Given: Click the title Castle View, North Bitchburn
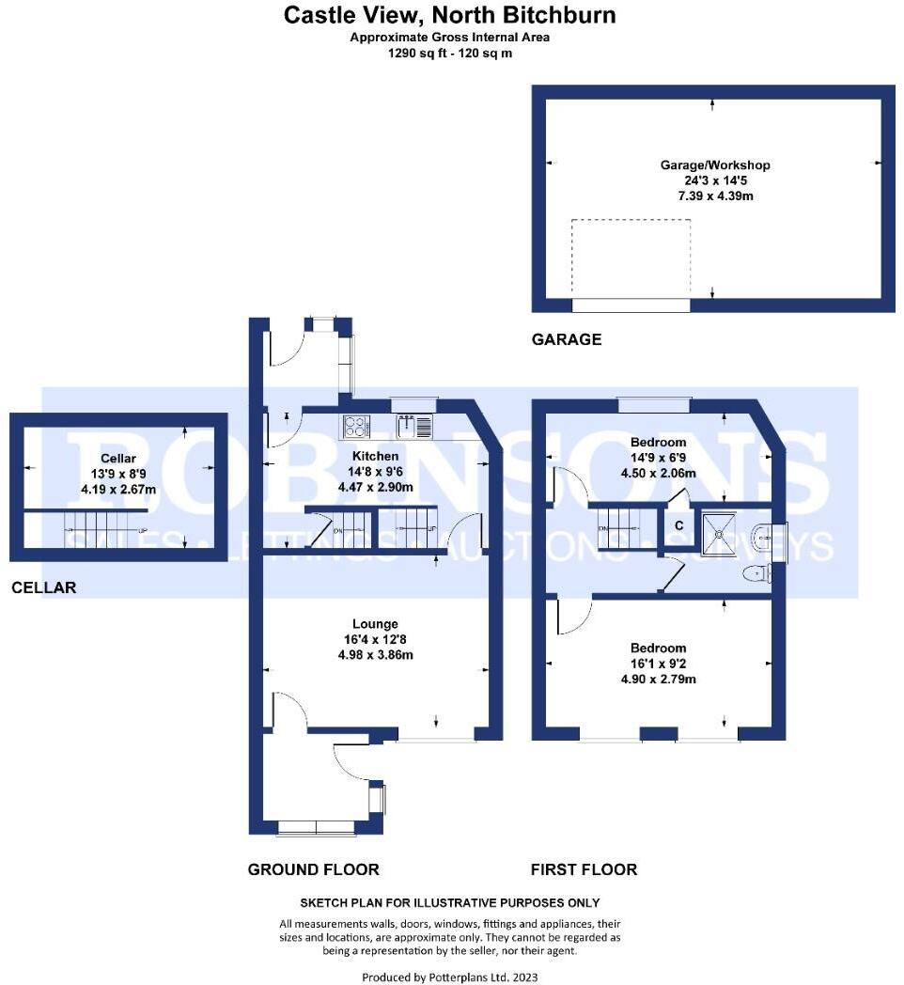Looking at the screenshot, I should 450,15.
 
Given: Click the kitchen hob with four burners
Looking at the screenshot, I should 358,427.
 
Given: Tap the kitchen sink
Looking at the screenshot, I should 413,428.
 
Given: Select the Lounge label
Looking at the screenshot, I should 375,623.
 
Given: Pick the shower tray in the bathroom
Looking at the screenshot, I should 720,532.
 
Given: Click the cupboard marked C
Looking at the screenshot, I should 678,525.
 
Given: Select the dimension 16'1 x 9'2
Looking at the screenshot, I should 658,664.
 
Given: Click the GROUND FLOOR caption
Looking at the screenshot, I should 313,869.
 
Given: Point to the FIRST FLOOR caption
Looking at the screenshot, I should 584,869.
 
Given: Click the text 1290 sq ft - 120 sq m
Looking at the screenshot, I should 450,53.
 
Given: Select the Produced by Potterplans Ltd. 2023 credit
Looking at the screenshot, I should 450,977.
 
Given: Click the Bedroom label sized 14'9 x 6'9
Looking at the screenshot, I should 658,442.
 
